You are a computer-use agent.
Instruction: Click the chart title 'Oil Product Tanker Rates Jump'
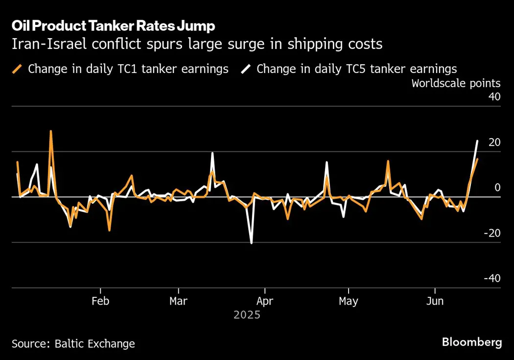pos(113,25)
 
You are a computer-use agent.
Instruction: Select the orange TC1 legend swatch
pos(18,69)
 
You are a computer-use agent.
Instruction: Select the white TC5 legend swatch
pos(246,69)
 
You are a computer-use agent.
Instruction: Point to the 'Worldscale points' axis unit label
pos(456,83)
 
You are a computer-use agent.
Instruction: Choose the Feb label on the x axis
pos(100,301)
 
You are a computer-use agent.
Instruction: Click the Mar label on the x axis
pos(178,301)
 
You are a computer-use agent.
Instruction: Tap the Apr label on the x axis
pos(265,301)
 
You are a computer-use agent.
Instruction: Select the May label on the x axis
pos(348,301)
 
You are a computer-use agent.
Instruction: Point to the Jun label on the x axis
pos(435,301)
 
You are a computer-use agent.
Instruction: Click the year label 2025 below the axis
pos(247,315)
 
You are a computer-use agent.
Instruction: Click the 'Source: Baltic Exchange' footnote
pos(73,344)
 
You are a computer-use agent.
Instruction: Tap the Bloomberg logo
pos(472,342)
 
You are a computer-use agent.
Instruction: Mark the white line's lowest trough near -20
pos(252,243)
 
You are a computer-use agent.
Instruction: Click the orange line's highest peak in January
pos(51,131)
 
